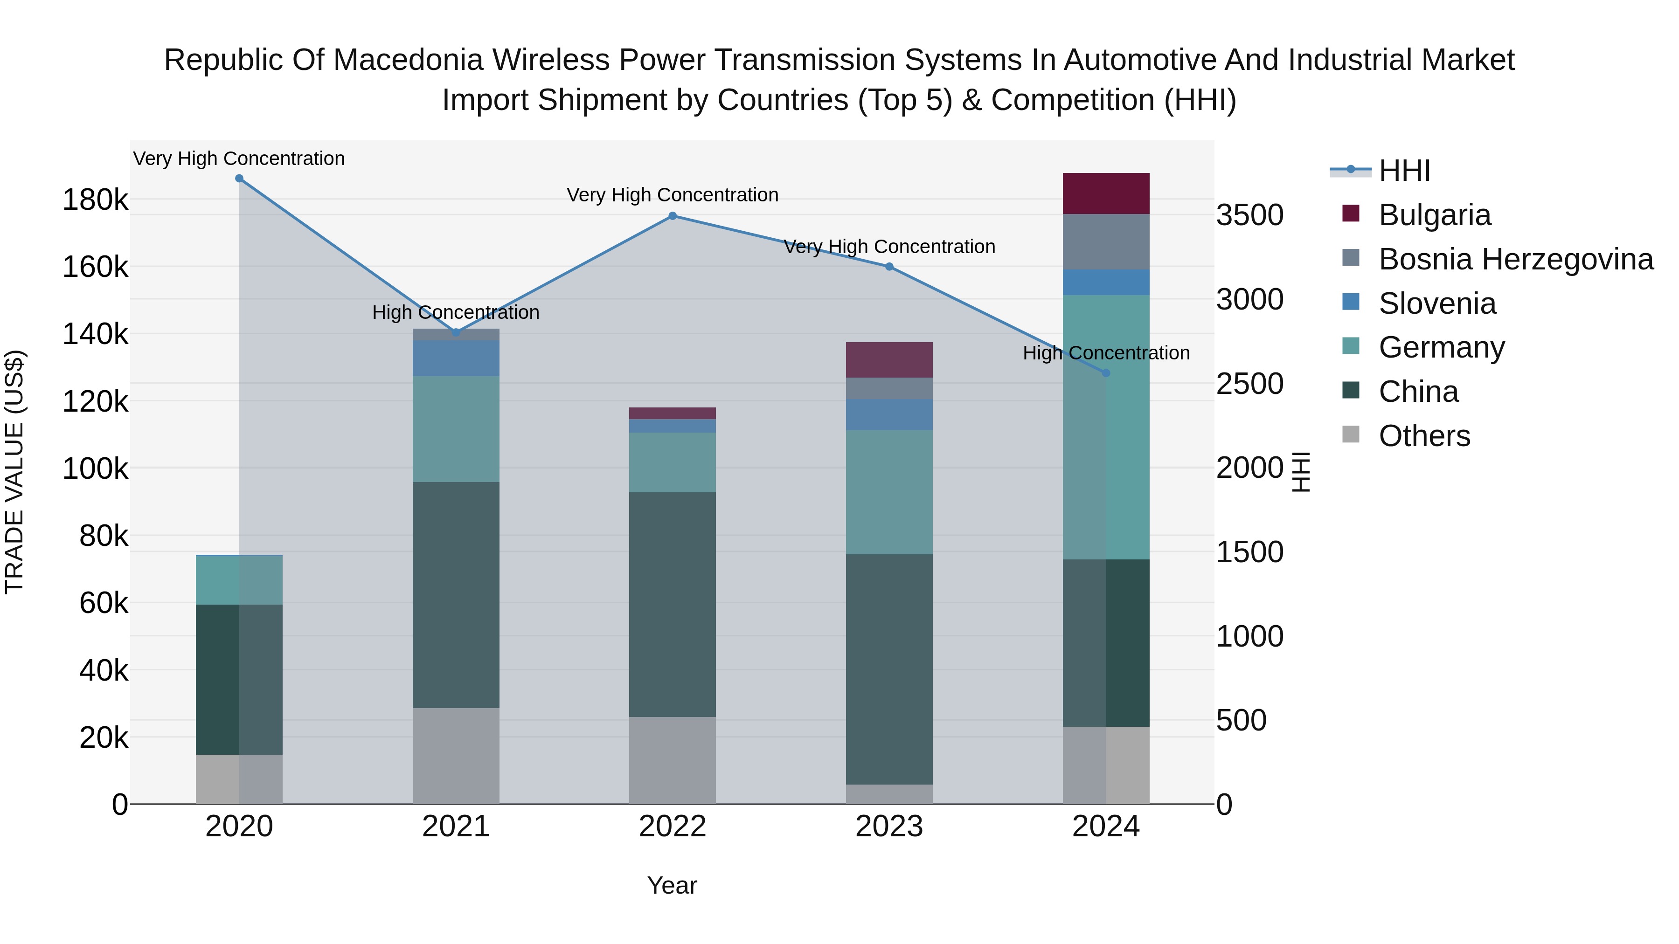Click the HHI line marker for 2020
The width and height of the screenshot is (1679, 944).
pyautogui.click(x=239, y=179)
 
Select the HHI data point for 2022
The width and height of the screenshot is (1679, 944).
pyautogui.click(x=673, y=216)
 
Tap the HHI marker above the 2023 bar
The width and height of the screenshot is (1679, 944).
pyautogui.click(x=889, y=267)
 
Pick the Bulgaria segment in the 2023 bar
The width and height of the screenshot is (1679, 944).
pyautogui.click(x=889, y=359)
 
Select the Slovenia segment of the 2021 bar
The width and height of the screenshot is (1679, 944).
pyautogui.click(x=456, y=358)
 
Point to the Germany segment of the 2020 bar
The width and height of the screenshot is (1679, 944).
pyautogui.click(x=239, y=580)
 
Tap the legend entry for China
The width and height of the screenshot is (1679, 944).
pyautogui.click(x=1418, y=392)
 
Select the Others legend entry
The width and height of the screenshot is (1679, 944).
pyautogui.click(x=1424, y=436)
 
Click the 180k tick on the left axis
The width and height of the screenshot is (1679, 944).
pyautogui.click(x=95, y=200)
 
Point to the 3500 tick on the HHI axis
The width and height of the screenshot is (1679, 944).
pyautogui.click(x=1249, y=216)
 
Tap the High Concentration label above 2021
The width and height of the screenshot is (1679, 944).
pyautogui.click(x=456, y=313)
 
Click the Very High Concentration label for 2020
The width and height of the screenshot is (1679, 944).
pyautogui.click(x=239, y=159)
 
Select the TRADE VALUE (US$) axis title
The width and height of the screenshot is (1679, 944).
pyautogui.click(x=15, y=472)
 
